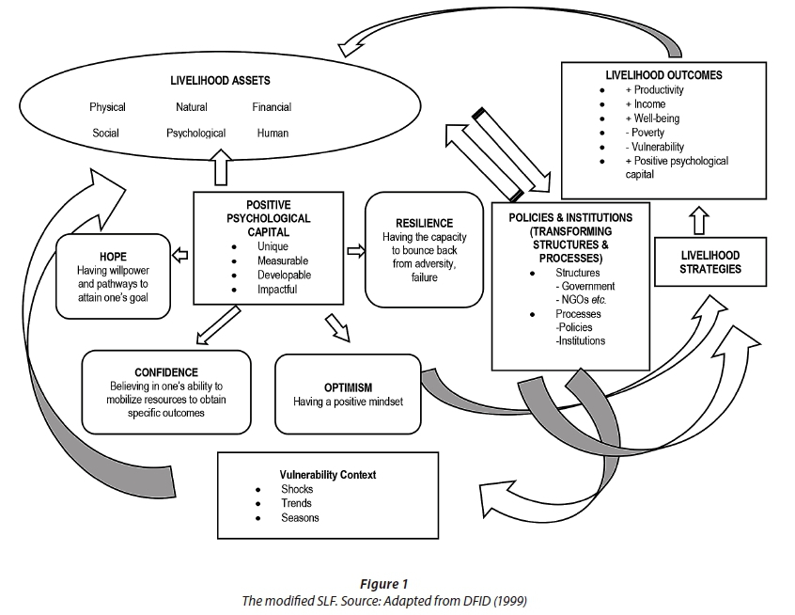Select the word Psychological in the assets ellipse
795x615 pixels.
point(195,134)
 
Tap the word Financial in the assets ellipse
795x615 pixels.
point(272,107)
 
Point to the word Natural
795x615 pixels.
point(192,107)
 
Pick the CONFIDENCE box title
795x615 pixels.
point(166,372)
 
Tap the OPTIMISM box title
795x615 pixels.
point(348,386)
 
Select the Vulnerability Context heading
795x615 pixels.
point(328,475)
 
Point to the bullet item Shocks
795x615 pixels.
point(297,490)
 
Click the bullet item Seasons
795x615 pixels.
point(300,518)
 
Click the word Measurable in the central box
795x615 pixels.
point(283,260)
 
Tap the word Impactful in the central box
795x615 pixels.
point(277,290)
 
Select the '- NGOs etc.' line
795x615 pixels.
point(584,300)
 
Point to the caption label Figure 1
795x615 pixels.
point(397,584)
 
